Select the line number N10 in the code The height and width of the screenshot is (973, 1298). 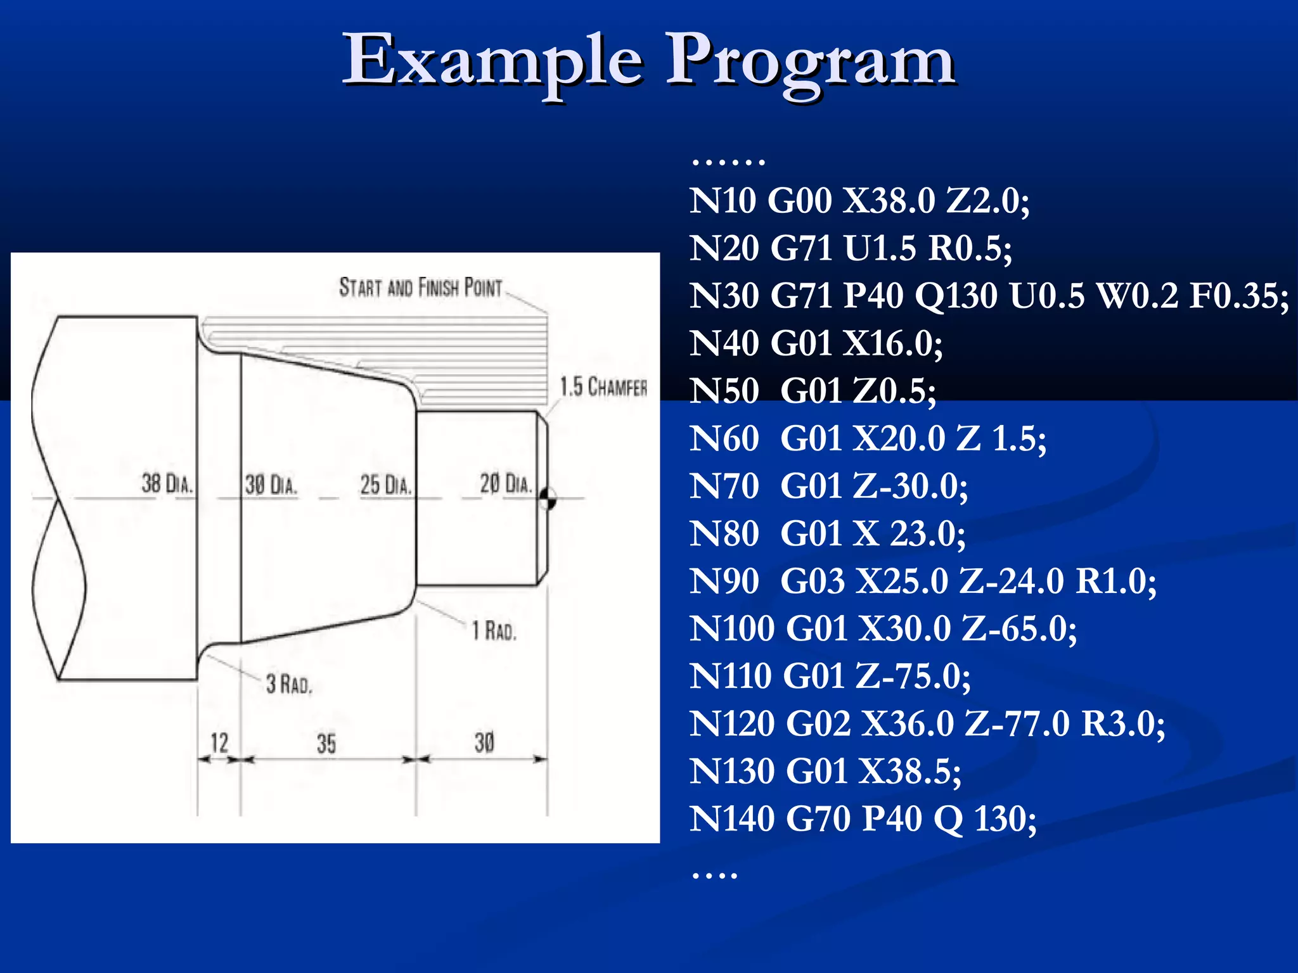pyautogui.click(x=723, y=201)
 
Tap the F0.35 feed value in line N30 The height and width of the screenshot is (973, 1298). pyautogui.click(x=1238, y=296)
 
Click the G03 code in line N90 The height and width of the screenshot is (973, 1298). pyautogui.click(x=813, y=582)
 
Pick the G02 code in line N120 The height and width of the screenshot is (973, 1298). pyautogui.click(x=818, y=724)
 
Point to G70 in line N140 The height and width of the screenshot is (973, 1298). pyautogui.click(x=818, y=819)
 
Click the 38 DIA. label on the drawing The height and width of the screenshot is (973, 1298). pyautogui.click(x=167, y=484)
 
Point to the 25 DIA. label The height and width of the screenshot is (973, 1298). pyautogui.click(x=386, y=485)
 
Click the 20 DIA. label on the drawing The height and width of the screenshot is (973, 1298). pyautogui.click(x=505, y=484)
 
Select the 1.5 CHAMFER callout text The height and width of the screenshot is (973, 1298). pyautogui.click(x=603, y=386)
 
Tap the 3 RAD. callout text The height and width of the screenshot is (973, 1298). pyautogui.click(x=289, y=684)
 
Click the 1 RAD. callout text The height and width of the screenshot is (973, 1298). pyautogui.click(x=494, y=631)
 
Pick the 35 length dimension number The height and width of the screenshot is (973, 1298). pyautogui.click(x=326, y=744)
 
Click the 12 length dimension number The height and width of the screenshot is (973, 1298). pyautogui.click(x=219, y=742)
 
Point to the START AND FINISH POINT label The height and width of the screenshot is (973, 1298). pyautogui.click(x=420, y=288)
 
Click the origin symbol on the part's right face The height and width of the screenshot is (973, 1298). pyautogui.click(x=548, y=499)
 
